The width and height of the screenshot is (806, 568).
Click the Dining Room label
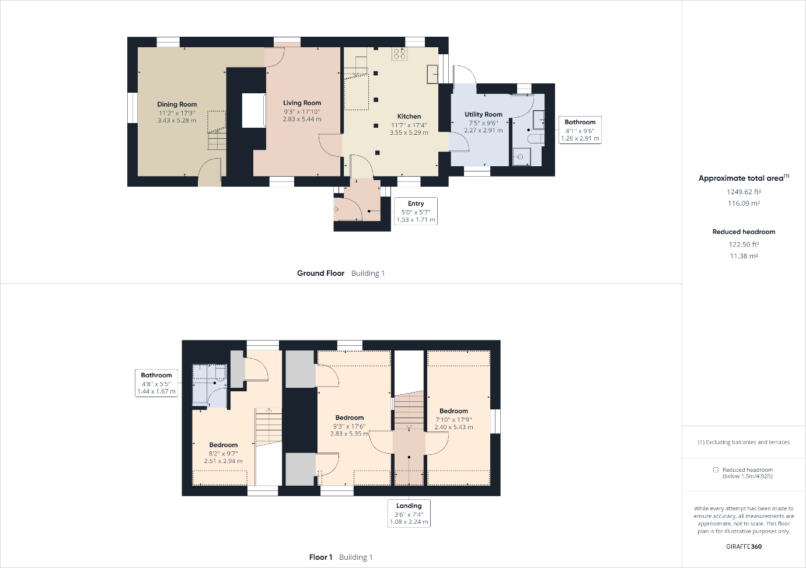(177, 104)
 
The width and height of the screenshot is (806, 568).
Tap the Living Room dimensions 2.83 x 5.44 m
(302, 119)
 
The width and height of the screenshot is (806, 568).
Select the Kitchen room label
(409, 117)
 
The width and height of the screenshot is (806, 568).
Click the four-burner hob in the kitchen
(399, 54)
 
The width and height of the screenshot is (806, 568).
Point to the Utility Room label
(483, 114)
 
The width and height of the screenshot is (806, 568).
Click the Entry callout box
(416, 211)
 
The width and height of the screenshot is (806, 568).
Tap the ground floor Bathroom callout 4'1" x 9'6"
(580, 130)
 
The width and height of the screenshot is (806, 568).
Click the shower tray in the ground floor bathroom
(521, 157)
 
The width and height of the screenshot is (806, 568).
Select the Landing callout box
(409, 513)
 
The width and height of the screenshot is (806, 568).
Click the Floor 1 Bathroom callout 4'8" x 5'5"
(156, 383)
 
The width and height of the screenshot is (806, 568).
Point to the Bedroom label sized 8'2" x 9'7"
(224, 445)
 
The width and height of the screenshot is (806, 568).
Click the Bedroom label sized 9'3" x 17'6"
(350, 418)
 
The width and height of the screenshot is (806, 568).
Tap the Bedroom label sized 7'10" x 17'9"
(453, 411)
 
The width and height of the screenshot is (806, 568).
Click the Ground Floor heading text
(320, 274)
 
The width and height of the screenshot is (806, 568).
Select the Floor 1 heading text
(320, 558)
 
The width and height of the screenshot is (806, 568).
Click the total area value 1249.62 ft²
(744, 192)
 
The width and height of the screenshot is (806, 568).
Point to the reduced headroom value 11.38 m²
(744, 256)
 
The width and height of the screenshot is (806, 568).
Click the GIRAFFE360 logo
(744, 546)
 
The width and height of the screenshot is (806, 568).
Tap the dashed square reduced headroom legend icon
(716, 469)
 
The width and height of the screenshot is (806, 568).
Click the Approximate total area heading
(744, 178)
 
